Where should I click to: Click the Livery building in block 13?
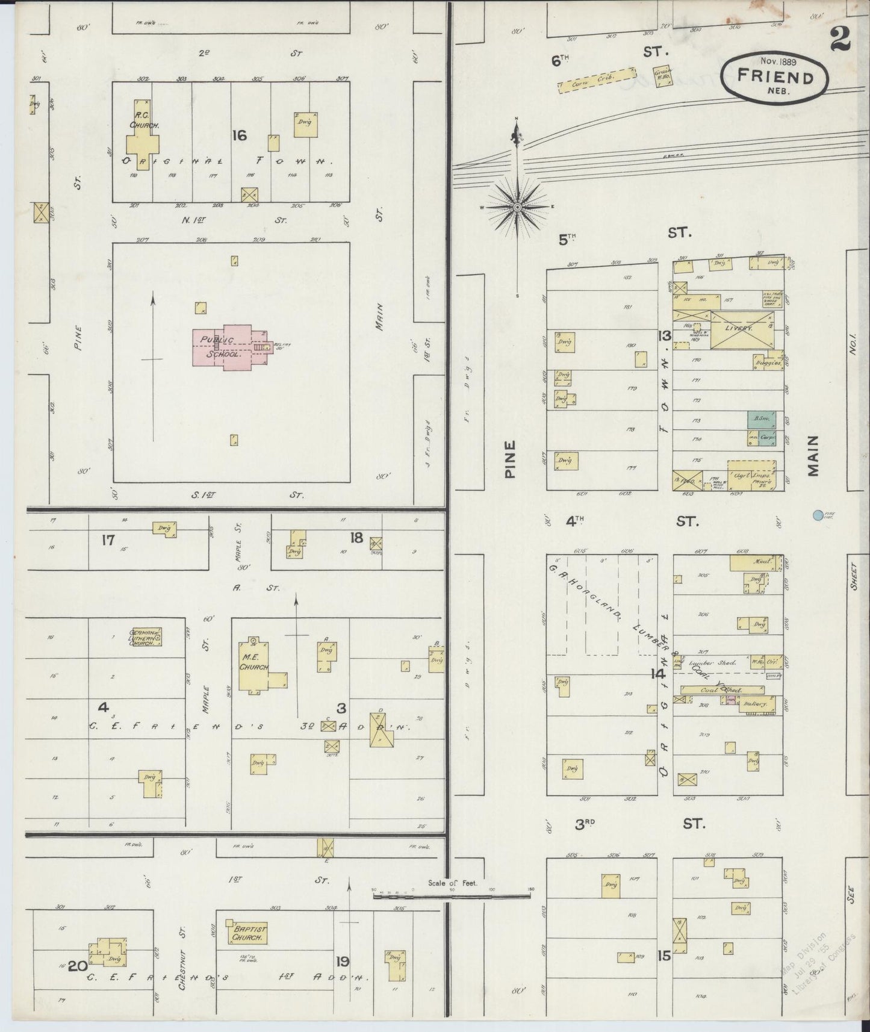click(x=740, y=329)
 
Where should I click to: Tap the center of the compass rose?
click(x=517, y=207)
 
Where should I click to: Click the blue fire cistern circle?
click(x=818, y=515)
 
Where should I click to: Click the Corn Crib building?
click(x=596, y=81)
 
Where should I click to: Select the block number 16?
click(x=239, y=135)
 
